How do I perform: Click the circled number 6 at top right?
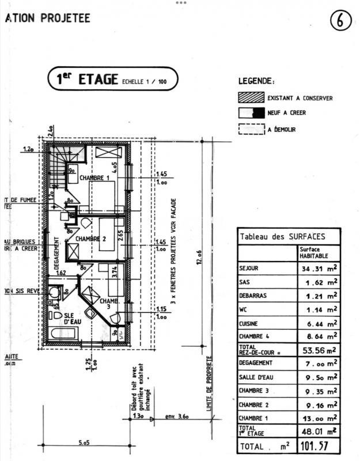coord(340,20)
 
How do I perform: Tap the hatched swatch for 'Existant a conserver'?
coord(251,98)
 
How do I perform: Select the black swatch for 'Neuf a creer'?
coord(251,113)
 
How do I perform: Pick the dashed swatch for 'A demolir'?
coord(251,130)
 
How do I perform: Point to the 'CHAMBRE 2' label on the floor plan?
coord(90,239)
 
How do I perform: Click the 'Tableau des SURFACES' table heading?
coord(282,236)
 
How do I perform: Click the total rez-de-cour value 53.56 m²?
coord(317,350)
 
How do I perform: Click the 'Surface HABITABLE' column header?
coord(314,252)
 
